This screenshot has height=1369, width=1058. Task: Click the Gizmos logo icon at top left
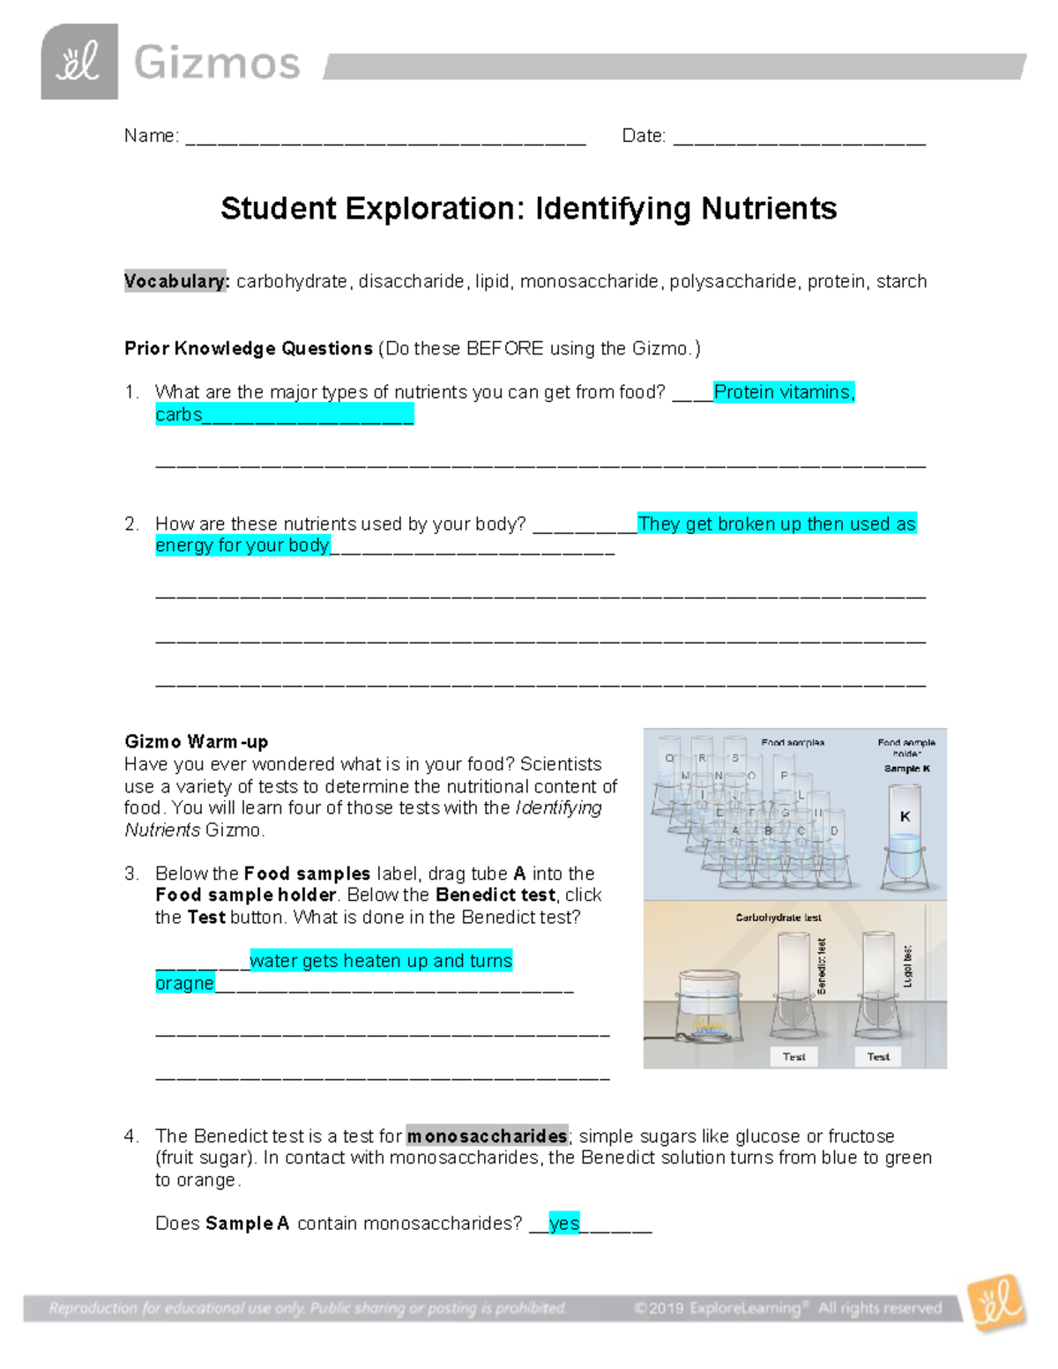tap(79, 62)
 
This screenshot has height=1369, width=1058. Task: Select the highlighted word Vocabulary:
tap(176, 281)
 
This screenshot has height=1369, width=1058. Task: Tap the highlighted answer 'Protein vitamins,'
tap(784, 392)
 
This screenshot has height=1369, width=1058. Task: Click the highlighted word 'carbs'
tap(179, 414)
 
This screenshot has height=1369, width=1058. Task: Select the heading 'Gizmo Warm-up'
tap(196, 741)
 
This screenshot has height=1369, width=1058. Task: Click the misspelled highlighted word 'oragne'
tap(184, 983)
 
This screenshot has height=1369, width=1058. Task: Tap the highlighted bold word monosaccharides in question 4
tap(487, 1135)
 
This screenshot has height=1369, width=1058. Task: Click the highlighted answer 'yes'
tap(564, 1224)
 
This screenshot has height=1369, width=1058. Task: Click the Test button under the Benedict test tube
tap(793, 1056)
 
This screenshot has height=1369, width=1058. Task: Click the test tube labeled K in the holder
tap(905, 837)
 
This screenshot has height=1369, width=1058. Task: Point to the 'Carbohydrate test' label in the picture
tap(778, 918)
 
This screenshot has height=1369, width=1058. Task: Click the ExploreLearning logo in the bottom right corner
tap(996, 1302)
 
